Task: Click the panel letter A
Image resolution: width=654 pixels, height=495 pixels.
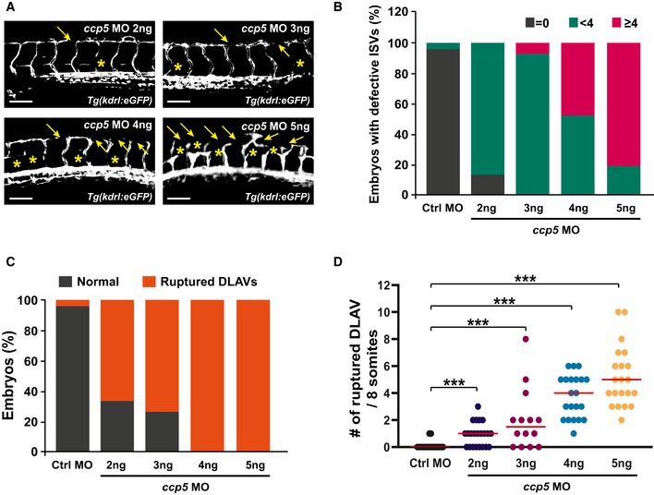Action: coord(7,10)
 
